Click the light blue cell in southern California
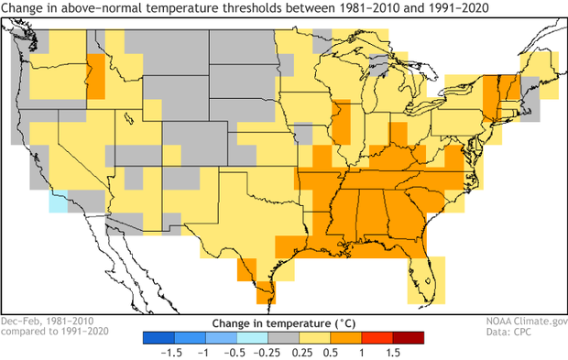(x=59, y=202)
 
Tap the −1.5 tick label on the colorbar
(x=169, y=352)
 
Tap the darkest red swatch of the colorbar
(x=410, y=337)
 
